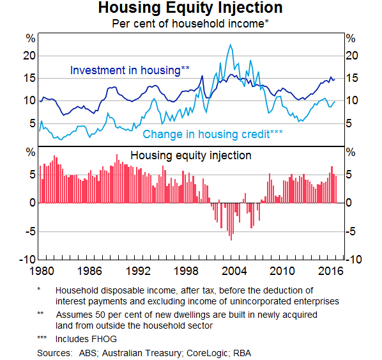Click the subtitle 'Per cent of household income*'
[190, 24]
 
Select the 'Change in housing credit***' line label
[213, 134]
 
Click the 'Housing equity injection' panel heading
[191, 155]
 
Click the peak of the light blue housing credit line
[230, 44]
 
